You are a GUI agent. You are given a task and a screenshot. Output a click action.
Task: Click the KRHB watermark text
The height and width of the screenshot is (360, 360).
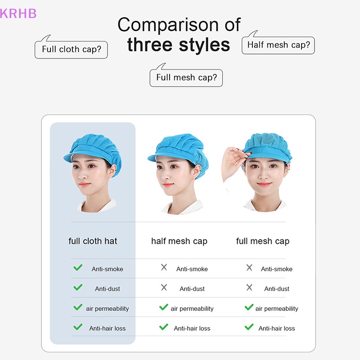[18, 13]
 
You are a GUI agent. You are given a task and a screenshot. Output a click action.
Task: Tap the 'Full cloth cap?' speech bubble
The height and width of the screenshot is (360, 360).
[71, 49]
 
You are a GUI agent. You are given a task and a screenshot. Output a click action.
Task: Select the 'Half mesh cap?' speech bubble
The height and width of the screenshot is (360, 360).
[278, 45]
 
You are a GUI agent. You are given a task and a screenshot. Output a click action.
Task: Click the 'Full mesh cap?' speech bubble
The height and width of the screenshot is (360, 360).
[186, 77]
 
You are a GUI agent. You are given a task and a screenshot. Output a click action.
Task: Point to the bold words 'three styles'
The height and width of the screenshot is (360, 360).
[179, 45]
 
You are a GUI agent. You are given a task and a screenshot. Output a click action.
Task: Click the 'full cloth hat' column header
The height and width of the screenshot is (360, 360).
[93, 241]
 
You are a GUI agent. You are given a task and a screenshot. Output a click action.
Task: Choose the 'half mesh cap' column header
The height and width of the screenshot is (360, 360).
[179, 241]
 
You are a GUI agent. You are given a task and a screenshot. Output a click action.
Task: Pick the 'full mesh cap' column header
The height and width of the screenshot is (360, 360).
[263, 241]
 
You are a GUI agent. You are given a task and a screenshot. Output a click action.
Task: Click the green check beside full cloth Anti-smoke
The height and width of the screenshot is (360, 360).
[78, 268]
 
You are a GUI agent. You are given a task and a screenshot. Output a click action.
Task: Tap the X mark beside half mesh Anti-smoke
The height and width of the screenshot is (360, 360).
[164, 268]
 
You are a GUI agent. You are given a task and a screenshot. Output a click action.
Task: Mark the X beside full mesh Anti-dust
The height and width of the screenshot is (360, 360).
[249, 288]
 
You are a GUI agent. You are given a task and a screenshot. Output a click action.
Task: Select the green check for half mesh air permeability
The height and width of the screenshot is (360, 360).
[164, 308]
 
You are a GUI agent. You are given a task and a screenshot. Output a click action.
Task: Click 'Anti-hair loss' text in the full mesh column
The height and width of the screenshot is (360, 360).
[276, 328]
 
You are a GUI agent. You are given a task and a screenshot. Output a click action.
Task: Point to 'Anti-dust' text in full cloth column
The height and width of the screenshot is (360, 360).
[107, 289]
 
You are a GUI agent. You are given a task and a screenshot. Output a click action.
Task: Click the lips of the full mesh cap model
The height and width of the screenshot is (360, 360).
[264, 184]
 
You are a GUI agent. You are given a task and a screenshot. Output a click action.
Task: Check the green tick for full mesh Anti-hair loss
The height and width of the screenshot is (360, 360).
[249, 327]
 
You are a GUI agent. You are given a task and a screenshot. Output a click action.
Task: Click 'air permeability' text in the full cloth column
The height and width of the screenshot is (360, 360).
[107, 309]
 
